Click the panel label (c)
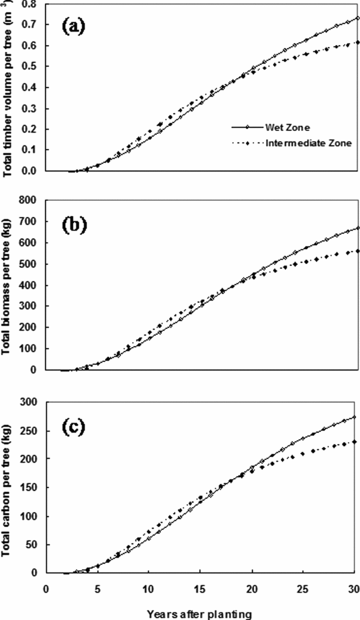pyautogui.click(x=75, y=426)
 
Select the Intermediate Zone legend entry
pyautogui.click(x=308, y=144)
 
